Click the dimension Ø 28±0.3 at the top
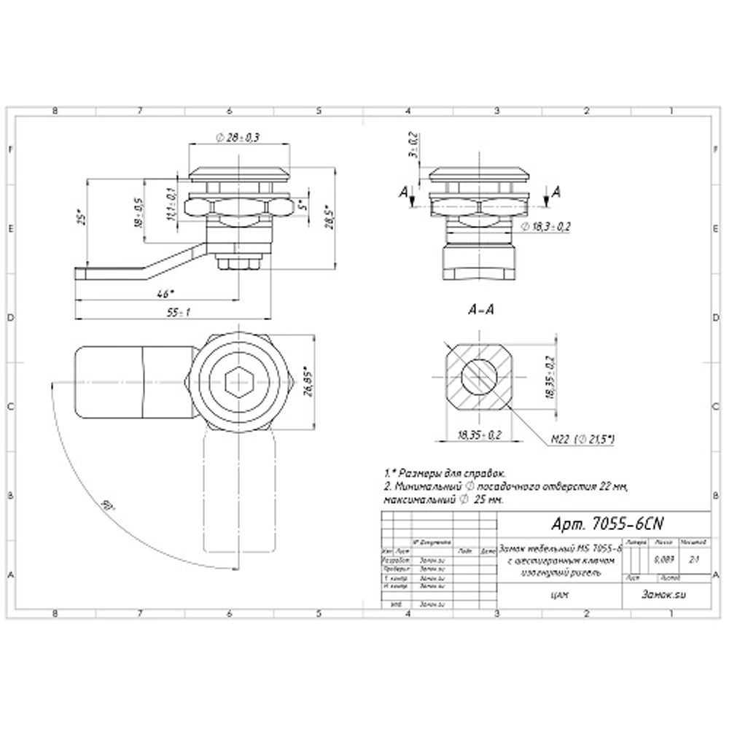tap(238, 137)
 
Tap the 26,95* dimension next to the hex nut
tap(308, 380)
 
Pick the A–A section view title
tap(480, 309)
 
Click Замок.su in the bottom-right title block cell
tap(663, 594)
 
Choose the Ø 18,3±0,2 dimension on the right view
tap(546, 227)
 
